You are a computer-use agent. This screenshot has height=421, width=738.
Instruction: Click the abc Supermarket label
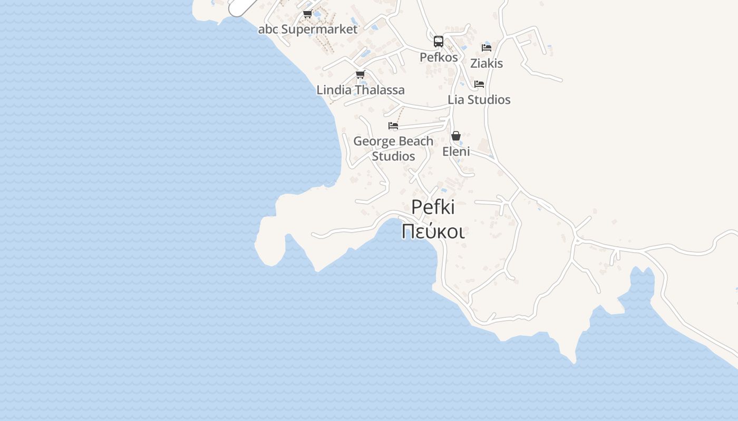pyautogui.click(x=307, y=29)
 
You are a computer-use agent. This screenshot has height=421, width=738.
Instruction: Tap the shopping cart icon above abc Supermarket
pyautogui.click(x=307, y=14)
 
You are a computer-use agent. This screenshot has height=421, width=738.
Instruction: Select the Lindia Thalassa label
pyautogui.click(x=361, y=90)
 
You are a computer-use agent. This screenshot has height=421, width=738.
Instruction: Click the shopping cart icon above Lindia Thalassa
pyautogui.click(x=360, y=75)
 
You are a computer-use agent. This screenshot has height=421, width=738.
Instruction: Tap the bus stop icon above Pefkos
pyautogui.click(x=439, y=42)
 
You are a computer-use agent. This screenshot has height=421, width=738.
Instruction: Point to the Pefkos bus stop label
pyautogui.click(x=439, y=57)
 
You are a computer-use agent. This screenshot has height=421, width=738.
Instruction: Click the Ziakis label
pyautogui.click(x=487, y=63)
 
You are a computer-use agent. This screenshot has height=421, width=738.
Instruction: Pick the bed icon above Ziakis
pyautogui.click(x=487, y=48)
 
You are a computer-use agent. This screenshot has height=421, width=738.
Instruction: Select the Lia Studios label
pyautogui.click(x=479, y=99)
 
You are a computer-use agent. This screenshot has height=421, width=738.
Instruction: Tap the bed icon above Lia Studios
pyautogui.click(x=479, y=84)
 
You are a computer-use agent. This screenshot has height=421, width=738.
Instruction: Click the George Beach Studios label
pyautogui.click(x=393, y=148)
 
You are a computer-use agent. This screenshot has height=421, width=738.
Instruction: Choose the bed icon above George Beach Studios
pyautogui.click(x=393, y=126)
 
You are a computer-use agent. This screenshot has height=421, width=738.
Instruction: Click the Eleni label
pyautogui.click(x=456, y=152)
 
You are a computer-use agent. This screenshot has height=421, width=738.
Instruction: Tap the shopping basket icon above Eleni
pyautogui.click(x=456, y=136)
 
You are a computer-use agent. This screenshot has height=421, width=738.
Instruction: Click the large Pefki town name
pyautogui.click(x=433, y=207)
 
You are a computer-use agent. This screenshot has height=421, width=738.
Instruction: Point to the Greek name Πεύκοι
pyautogui.click(x=433, y=232)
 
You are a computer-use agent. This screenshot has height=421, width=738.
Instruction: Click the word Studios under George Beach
pyautogui.click(x=393, y=156)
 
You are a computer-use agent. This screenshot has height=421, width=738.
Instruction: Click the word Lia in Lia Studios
pyautogui.click(x=457, y=99)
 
